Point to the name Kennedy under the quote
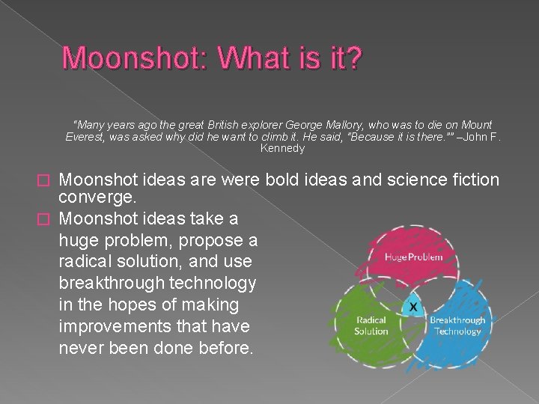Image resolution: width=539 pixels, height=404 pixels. click(282, 148)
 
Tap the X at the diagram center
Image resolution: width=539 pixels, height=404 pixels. click(412, 307)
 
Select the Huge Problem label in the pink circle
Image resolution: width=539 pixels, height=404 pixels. click(413, 257)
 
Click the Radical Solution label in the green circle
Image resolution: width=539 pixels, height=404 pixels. click(371, 325)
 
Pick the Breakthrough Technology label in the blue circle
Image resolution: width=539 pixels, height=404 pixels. click(457, 325)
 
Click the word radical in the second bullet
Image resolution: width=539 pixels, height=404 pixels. click(84, 262)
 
